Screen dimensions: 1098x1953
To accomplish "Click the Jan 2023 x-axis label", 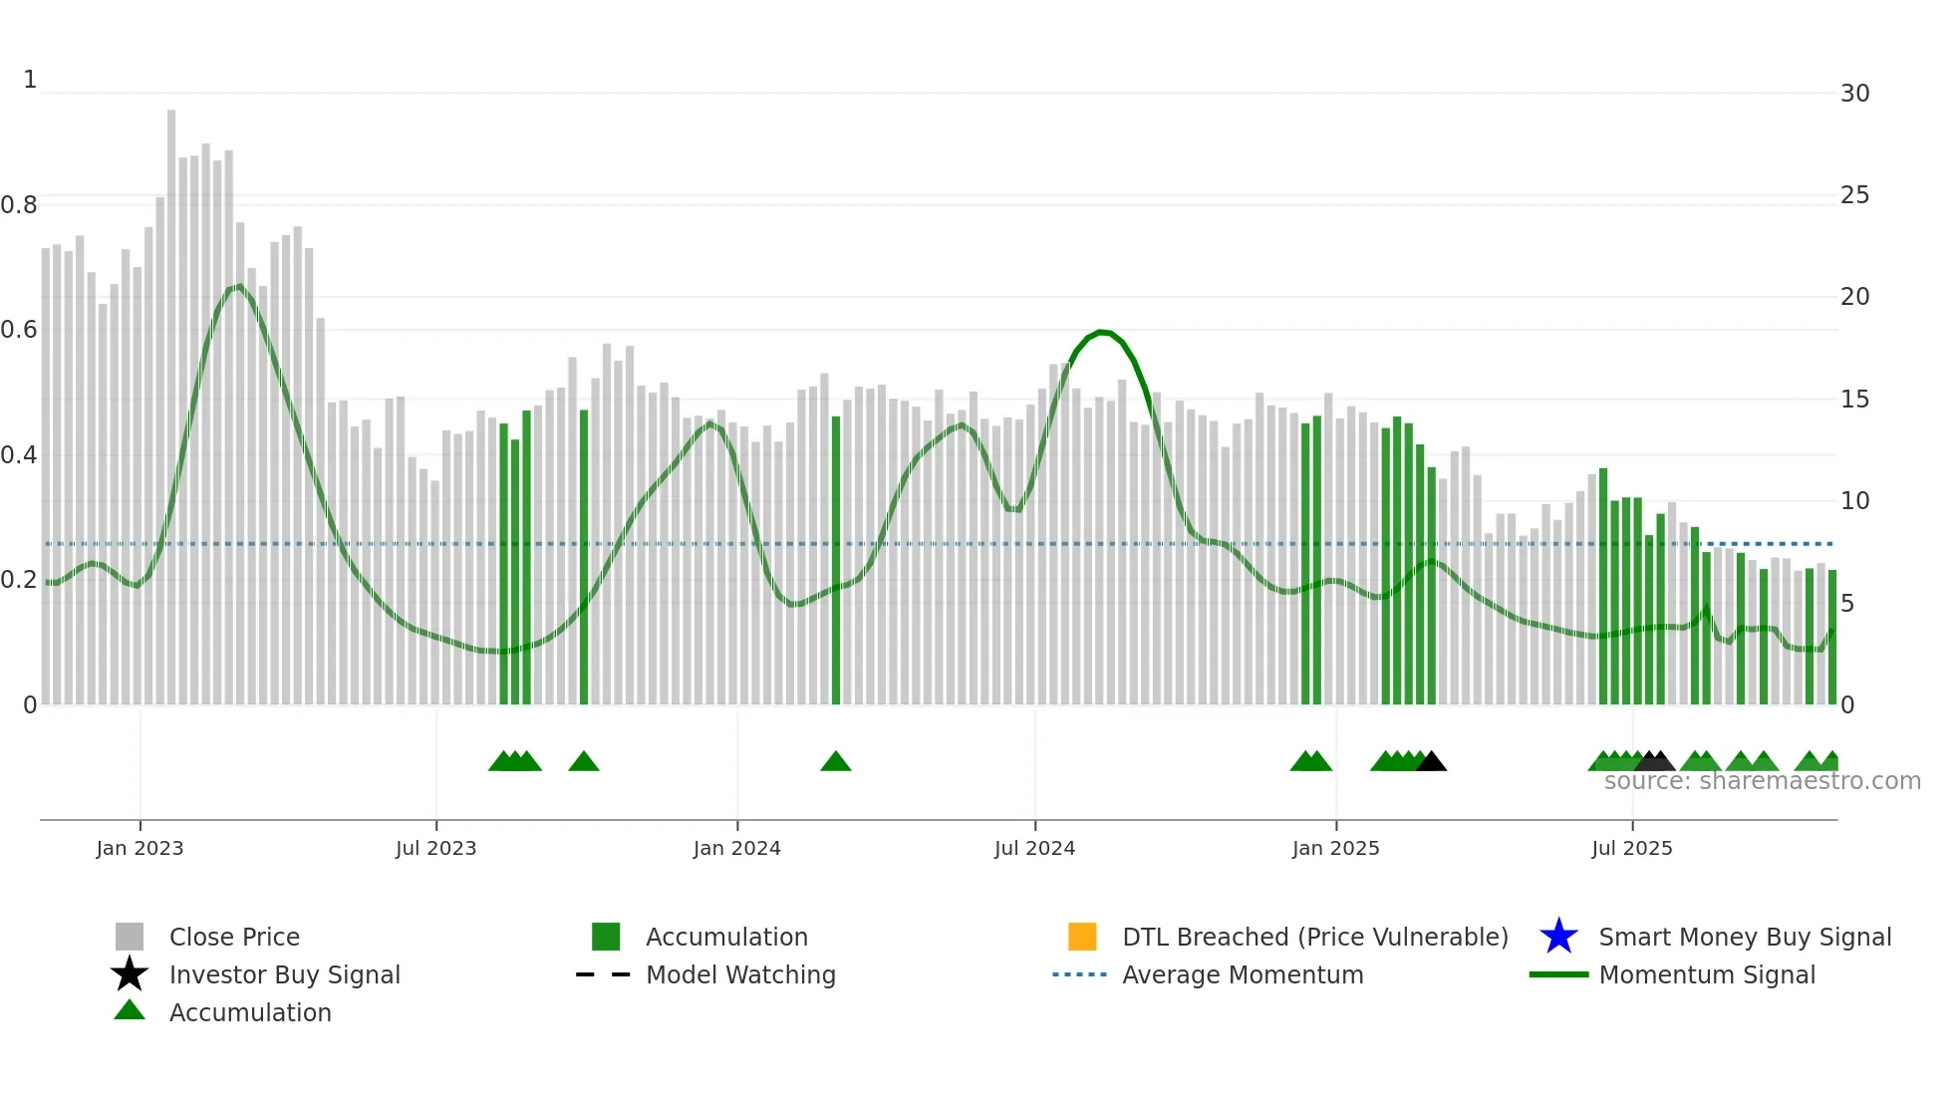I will tap(139, 848).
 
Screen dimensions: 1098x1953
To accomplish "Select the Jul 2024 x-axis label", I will tap(1034, 848).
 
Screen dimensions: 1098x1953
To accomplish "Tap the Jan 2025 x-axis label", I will tap(1335, 848).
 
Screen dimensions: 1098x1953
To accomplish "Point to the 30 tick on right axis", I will tap(1854, 94).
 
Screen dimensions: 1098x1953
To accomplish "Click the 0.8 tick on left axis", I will tap(19, 205).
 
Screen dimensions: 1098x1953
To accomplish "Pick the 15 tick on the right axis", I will tap(1854, 400).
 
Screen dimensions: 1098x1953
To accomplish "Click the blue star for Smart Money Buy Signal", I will tap(1558, 937).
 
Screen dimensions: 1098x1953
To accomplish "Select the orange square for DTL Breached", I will tap(1082, 937).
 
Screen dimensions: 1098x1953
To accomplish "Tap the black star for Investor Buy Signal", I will tap(130, 974).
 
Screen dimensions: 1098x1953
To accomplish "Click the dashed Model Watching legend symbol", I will tap(603, 974).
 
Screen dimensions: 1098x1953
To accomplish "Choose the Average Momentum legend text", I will tap(1243, 974).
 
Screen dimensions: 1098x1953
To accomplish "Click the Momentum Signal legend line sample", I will tap(1558, 974).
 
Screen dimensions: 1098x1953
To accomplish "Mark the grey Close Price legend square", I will tap(130, 937).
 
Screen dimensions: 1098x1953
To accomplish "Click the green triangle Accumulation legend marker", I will tap(130, 1010).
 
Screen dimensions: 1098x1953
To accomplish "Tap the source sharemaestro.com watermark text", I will tap(1762, 781).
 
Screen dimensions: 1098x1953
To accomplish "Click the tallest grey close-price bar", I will tap(171, 399).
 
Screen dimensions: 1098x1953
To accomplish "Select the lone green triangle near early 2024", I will tap(836, 762).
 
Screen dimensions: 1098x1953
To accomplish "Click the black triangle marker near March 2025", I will tap(1431, 762).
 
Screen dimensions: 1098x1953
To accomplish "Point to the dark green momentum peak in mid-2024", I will tap(1101, 332).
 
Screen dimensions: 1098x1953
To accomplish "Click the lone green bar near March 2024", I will tap(836, 558).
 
